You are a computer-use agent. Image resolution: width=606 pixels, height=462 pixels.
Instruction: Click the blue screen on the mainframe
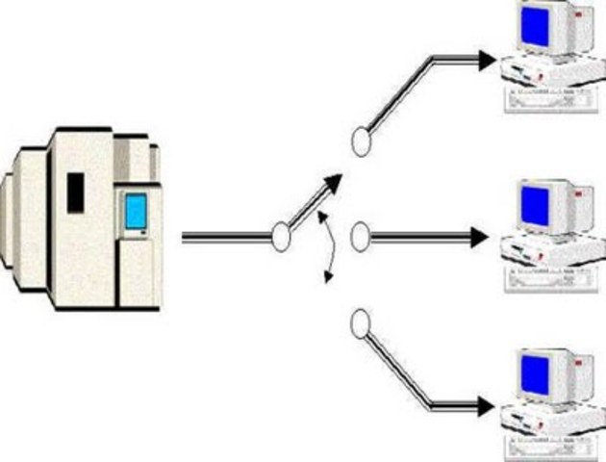point(135,212)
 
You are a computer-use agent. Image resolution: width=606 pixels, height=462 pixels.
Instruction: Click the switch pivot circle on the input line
point(280,236)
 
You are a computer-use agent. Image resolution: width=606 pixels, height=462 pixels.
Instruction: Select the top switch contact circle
point(361,142)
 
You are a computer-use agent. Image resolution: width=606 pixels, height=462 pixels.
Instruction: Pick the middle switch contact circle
point(360,237)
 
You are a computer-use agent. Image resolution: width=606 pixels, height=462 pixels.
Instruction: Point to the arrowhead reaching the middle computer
point(480,237)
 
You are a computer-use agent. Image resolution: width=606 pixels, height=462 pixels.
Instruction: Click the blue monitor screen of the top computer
point(534,27)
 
